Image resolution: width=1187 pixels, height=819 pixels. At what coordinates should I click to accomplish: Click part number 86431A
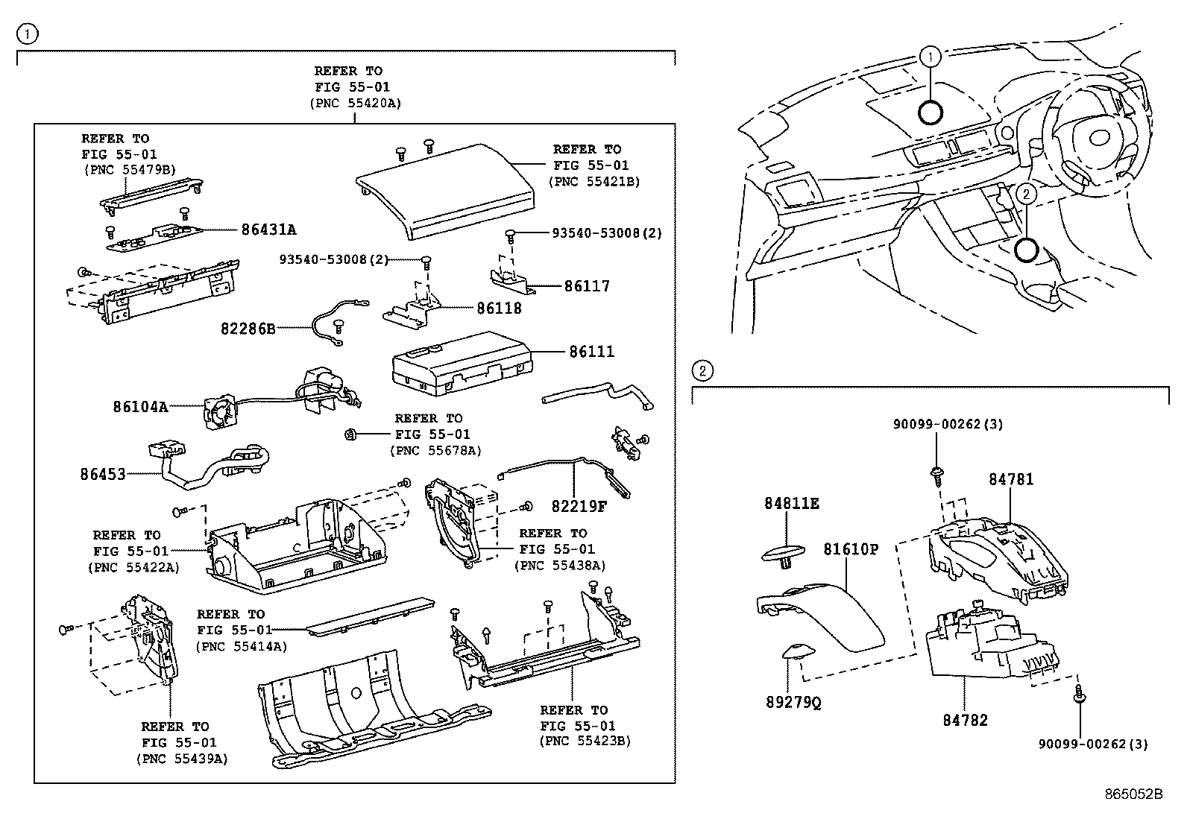tap(268, 230)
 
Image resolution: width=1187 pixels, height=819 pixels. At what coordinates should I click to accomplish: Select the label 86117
tap(587, 286)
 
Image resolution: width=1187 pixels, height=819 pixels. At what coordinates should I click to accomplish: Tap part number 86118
tap(499, 308)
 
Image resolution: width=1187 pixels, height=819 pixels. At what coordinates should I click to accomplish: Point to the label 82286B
tap(248, 328)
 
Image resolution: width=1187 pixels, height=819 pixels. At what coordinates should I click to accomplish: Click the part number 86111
tap(592, 351)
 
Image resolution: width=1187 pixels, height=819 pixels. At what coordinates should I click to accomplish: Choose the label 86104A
tap(141, 407)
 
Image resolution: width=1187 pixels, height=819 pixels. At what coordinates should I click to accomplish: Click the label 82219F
tap(579, 506)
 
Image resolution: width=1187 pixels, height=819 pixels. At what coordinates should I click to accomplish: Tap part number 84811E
tap(791, 504)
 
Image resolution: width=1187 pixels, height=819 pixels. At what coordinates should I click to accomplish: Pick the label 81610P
tap(851, 549)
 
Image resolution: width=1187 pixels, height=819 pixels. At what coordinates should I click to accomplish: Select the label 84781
tap(1011, 479)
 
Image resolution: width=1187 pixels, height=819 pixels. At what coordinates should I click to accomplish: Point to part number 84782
tap(965, 720)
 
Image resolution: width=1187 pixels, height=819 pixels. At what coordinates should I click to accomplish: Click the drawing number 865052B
tap(1133, 794)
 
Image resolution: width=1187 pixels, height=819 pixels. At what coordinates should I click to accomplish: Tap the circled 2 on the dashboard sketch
tap(1026, 194)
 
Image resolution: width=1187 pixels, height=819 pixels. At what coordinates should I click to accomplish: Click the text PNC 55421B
tap(593, 181)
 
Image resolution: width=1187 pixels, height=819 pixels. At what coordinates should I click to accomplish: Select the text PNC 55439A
tap(182, 758)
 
